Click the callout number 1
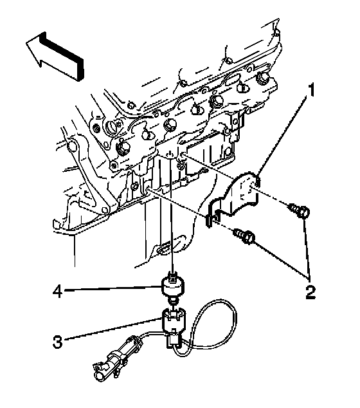[x=310, y=90]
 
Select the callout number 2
[x=310, y=292]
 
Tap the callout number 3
[x=57, y=342]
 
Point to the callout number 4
[x=57, y=291]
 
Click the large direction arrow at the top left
[x=55, y=56]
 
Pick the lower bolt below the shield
[x=244, y=236]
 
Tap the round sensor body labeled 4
[x=172, y=286]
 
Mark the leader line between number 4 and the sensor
[x=113, y=288]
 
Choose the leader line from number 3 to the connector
[x=113, y=329]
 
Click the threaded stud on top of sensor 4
[x=172, y=275]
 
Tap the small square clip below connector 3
[x=173, y=341]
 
